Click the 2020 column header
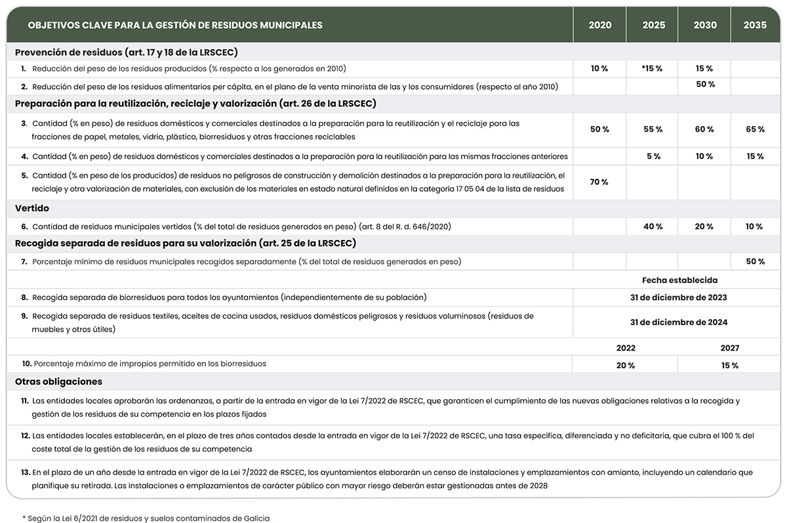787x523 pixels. coord(599,26)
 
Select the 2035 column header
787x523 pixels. coord(755,26)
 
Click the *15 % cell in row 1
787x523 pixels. coord(652,69)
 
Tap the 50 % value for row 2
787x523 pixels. coord(705,85)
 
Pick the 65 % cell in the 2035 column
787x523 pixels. coord(755,130)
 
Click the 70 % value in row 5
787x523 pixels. coord(599,182)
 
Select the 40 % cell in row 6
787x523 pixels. coord(653,227)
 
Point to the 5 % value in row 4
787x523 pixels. coord(653,157)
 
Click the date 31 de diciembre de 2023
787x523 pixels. coord(678,298)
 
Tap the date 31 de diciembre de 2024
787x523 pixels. coord(678,322)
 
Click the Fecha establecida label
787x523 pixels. coord(679,280)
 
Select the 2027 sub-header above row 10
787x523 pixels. coord(729,348)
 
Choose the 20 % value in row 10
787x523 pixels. coord(626,366)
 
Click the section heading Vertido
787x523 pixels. coord(32,208)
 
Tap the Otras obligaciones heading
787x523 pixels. coord(58,381)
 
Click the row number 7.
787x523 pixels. coord(24,262)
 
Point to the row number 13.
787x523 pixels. coord(26,472)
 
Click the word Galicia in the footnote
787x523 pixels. coord(254,518)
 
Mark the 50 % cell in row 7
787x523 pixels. coord(755,262)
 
